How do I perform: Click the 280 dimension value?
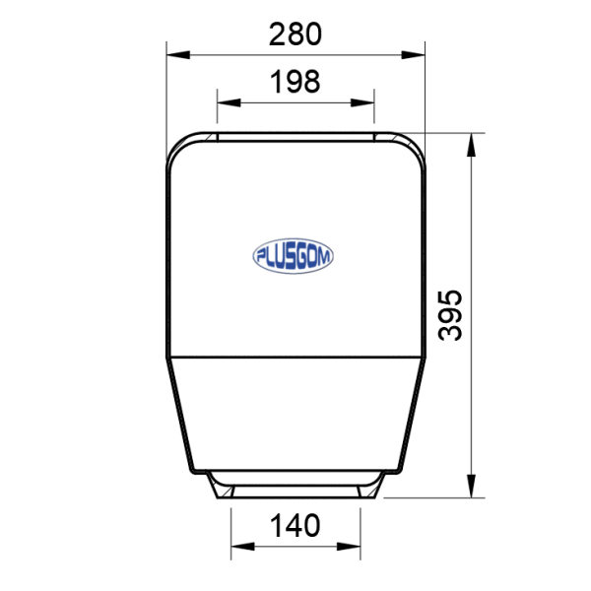tap(295, 33)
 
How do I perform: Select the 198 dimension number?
tap(295, 82)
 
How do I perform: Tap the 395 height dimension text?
tap(450, 315)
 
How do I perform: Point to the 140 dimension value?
tap(295, 525)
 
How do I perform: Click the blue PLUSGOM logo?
tap(293, 256)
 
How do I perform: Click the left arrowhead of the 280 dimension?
tap(178, 55)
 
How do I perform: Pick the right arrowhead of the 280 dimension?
tap(414, 55)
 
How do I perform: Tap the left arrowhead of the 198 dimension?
tap(229, 102)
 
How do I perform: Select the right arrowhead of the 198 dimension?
tap(362, 102)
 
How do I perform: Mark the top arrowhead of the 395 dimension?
tap(471, 145)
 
